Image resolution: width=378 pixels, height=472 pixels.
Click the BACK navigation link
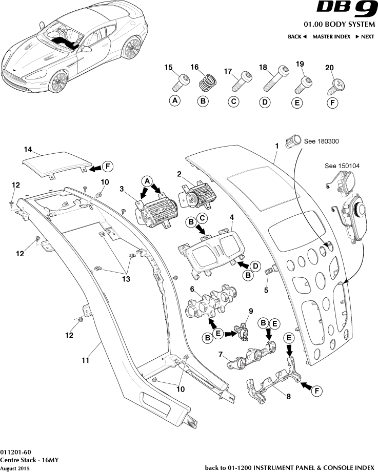click(297, 37)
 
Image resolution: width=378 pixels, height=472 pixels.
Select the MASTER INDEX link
click(331, 37)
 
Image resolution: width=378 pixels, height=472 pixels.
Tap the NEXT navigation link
click(365, 37)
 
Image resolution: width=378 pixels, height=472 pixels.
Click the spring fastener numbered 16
click(206, 82)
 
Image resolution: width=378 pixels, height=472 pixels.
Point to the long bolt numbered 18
click(274, 78)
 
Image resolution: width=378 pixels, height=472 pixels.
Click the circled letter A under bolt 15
click(175, 101)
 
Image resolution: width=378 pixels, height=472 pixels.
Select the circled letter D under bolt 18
click(265, 102)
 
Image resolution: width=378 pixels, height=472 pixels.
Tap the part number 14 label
click(28, 149)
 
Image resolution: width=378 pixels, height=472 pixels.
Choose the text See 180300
click(322, 141)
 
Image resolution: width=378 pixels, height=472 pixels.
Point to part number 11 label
click(85, 360)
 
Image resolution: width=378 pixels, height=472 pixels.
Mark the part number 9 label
click(251, 311)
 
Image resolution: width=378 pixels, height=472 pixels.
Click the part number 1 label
click(276, 146)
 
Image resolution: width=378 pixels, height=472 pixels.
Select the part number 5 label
click(266, 290)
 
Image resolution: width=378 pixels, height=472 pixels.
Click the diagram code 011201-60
click(16, 452)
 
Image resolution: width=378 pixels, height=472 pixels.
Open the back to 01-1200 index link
click(289, 467)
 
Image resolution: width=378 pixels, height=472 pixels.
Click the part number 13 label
click(126, 279)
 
